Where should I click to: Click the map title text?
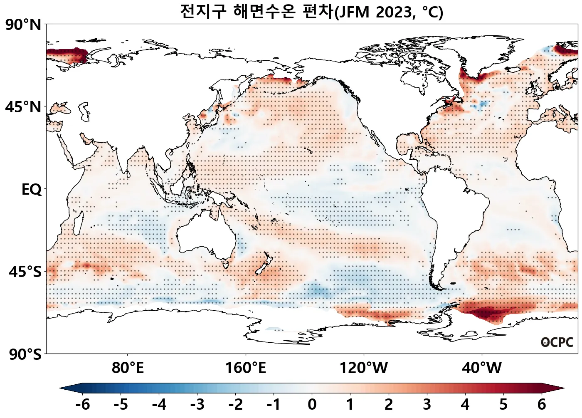pyautogui.click(x=312, y=12)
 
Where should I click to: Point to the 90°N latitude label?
pyautogui.click(x=23, y=25)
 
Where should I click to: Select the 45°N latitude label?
pyautogui.click(x=23, y=107)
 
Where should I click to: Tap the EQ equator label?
pyautogui.click(x=32, y=190)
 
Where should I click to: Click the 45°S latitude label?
pyautogui.click(x=25, y=272)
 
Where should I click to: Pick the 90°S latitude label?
pyautogui.click(x=25, y=354)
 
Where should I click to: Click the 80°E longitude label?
pyautogui.click(x=128, y=368)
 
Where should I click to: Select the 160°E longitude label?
pyautogui.click(x=245, y=368)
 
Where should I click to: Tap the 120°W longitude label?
pyautogui.click(x=364, y=368)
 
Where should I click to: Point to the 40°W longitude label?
pyautogui.click(x=482, y=368)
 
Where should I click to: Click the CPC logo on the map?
pyautogui.click(x=557, y=342)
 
